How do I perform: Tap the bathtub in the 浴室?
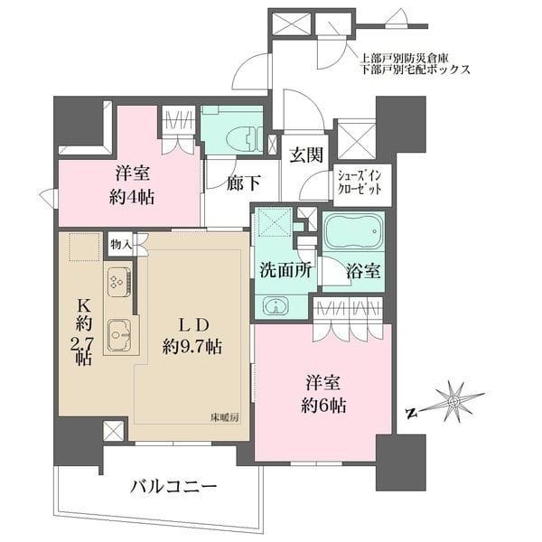tap(354, 234)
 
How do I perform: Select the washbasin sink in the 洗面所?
tap(276, 305)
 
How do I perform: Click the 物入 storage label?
tap(121, 243)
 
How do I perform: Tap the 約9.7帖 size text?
tap(187, 347)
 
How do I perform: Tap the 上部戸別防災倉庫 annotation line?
tap(408, 56)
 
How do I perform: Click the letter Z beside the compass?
tap(411, 413)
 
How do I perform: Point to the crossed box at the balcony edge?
tap(114, 431)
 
